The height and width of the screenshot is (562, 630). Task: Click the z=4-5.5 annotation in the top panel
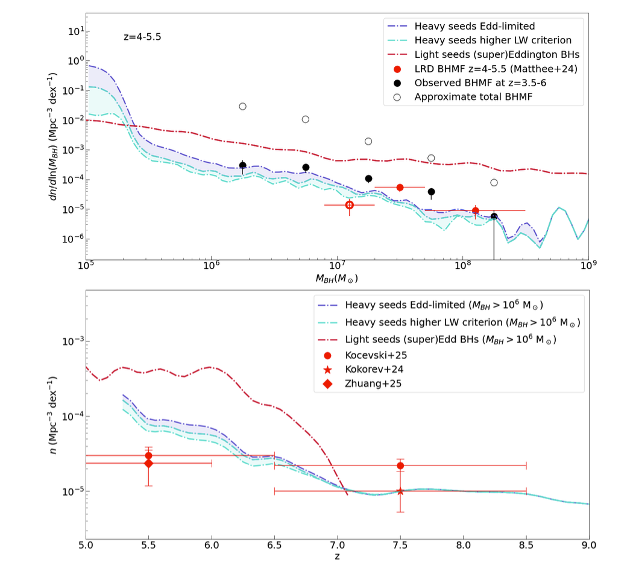[142, 37]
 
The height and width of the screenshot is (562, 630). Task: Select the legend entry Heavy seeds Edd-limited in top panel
[474, 27]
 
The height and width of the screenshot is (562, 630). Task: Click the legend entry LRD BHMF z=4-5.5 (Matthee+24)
[496, 69]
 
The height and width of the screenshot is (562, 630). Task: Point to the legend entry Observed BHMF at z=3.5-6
[489, 83]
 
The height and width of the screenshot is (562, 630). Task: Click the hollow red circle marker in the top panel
[349, 205]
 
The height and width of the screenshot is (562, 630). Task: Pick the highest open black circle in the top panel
[242, 106]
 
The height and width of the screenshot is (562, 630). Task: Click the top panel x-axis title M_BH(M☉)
[336, 279]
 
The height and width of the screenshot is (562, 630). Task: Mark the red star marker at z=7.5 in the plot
[400, 491]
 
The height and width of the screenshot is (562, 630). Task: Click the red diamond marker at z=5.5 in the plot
[148, 463]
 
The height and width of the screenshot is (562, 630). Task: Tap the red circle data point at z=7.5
[400, 466]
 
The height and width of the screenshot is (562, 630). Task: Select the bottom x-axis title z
[337, 556]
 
